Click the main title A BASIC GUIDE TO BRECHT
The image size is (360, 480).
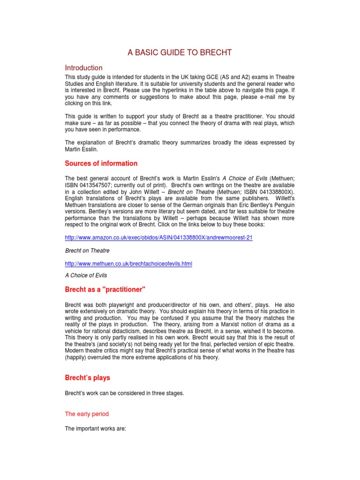pyautogui.click(x=180, y=52)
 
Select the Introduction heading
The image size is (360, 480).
pyautogui.click(x=83, y=68)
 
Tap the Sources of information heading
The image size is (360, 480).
pyautogui.click(x=101, y=164)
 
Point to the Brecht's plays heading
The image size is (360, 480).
pyautogui.click(x=87, y=377)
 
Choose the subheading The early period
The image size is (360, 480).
pyautogui.click(x=87, y=414)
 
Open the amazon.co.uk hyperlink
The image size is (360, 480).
pyautogui.click(x=158, y=238)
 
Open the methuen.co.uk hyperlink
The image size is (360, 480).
pyautogui.click(x=128, y=264)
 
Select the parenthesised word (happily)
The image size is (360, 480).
pyautogui.click(x=77, y=358)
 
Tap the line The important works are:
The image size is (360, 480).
pyautogui.click(x=96, y=428)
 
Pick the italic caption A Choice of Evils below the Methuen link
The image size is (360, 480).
pyautogui.click(x=86, y=275)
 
